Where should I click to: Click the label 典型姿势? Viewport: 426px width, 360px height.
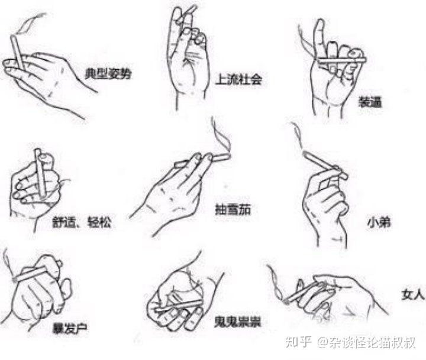[x=108, y=73]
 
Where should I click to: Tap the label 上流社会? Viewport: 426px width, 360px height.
[x=238, y=79]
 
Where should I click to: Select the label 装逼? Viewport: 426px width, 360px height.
[x=370, y=102]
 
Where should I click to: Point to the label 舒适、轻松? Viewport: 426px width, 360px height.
[x=82, y=222]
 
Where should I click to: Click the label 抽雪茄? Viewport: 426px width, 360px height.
[x=233, y=209]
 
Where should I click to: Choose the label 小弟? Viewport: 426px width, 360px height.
[x=379, y=222]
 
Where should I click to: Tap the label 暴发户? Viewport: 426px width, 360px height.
[x=70, y=327]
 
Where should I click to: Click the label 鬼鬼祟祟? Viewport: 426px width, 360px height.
[x=237, y=322]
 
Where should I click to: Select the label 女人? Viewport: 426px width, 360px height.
[x=412, y=294]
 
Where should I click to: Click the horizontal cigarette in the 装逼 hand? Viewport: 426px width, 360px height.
[x=342, y=60]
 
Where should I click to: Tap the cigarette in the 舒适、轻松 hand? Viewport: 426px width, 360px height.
[x=40, y=173]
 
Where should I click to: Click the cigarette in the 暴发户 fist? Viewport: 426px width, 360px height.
[x=30, y=274]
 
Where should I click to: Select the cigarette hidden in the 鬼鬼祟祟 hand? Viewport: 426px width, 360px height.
[x=178, y=306]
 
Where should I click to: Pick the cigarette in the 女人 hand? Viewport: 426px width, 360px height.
[x=305, y=292]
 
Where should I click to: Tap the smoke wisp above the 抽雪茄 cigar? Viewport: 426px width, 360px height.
[x=221, y=134]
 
